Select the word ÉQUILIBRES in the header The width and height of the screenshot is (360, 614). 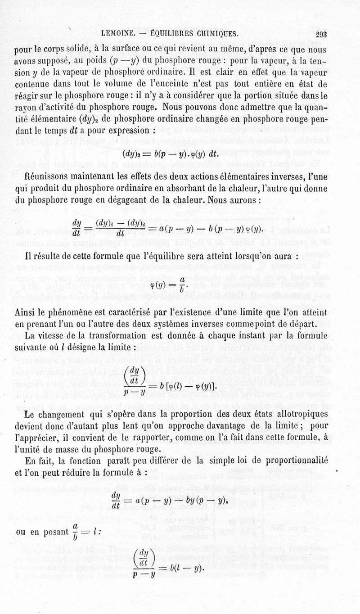(167, 34)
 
